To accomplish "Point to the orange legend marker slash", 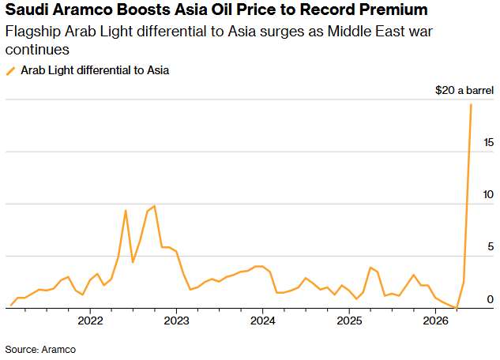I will pos(11,70).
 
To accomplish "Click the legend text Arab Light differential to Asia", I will pos(95,70).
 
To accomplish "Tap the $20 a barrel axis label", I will pos(464,91).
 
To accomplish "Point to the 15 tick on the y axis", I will pos(490,142).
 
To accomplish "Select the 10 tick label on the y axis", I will pos(490,194).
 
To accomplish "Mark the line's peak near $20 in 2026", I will pos(472,104).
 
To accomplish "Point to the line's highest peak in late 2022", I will pos(154,206).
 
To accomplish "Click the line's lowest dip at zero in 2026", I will pos(457,307).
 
